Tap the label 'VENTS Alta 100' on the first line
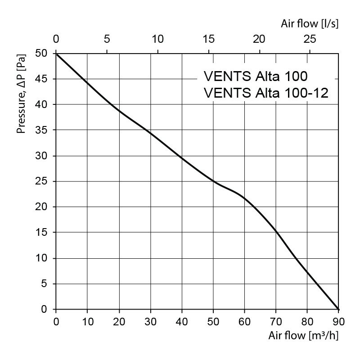256,76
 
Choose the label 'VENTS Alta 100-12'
266,93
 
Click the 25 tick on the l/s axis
310,39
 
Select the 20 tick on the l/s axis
259,39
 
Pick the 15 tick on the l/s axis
208,39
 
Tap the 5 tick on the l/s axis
107,39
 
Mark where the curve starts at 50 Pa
56,54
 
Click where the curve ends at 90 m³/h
338,309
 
